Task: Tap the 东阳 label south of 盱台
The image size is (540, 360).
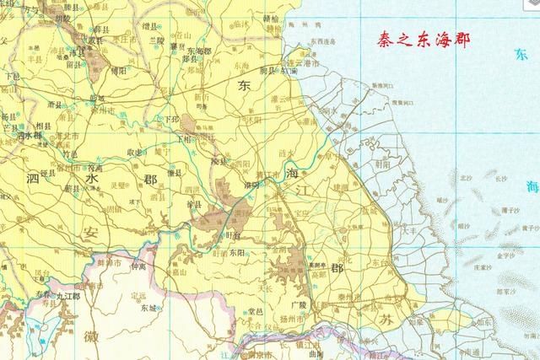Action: (235, 251)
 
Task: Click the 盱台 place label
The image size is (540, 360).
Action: (230, 234)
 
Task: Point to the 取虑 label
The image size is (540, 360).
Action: (134, 152)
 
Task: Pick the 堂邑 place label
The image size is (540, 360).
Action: (256, 313)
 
